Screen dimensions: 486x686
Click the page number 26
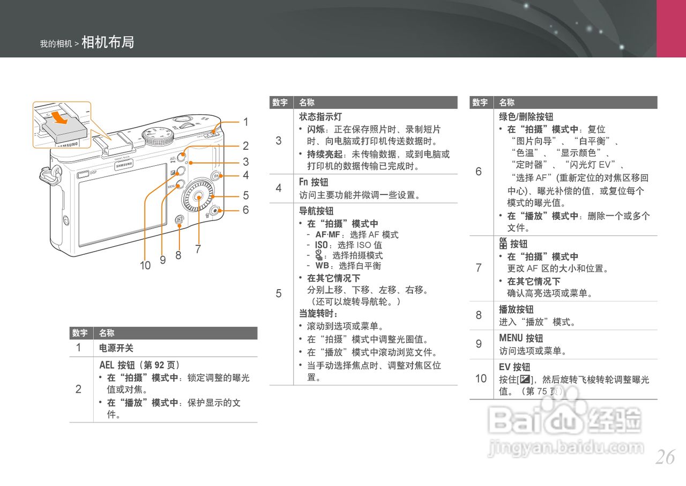(x=665, y=458)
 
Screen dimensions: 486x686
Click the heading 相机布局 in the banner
(x=108, y=42)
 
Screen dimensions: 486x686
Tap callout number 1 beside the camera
(x=245, y=122)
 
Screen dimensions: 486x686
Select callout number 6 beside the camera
(x=245, y=210)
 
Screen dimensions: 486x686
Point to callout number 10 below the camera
(x=145, y=265)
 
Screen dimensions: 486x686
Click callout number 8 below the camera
(x=178, y=255)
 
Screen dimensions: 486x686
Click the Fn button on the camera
(x=215, y=176)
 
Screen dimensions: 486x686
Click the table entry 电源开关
(x=116, y=348)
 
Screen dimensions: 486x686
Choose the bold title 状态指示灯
(x=320, y=116)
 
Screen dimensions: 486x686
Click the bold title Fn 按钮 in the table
(x=314, y=182)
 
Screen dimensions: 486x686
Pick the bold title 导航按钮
(x=316, y=211)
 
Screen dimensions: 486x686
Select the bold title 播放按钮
(x=516, y=310)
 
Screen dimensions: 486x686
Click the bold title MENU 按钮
(x=521, y=338)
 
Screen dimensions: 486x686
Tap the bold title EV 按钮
(x=514, y=367)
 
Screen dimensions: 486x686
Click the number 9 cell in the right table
(x=479, y=344)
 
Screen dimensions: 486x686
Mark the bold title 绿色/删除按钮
(x=526, y=116)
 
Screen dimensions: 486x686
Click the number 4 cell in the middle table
(x=279, y=188)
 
